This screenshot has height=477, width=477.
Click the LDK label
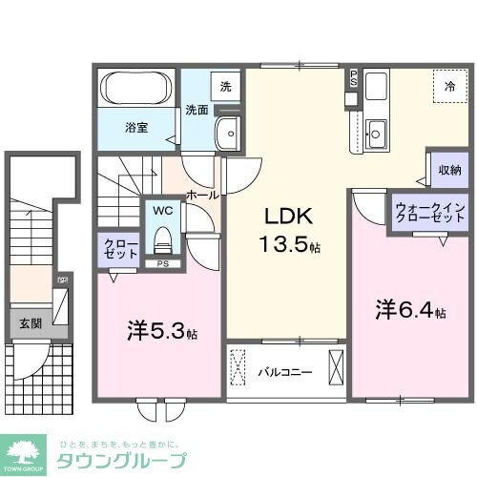[x=283, y=217]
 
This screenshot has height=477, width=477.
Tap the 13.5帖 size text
[x=287, y=245]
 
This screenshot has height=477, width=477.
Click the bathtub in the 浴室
[x=136, y=91]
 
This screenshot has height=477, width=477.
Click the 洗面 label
[x=196, y=109]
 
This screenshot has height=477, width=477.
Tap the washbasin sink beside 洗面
[x=228, y=134]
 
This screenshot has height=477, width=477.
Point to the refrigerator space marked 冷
[x=447, y=85]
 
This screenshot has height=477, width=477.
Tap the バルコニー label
[x=283, y=371]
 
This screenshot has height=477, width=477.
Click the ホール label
[x=201, y=195]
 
